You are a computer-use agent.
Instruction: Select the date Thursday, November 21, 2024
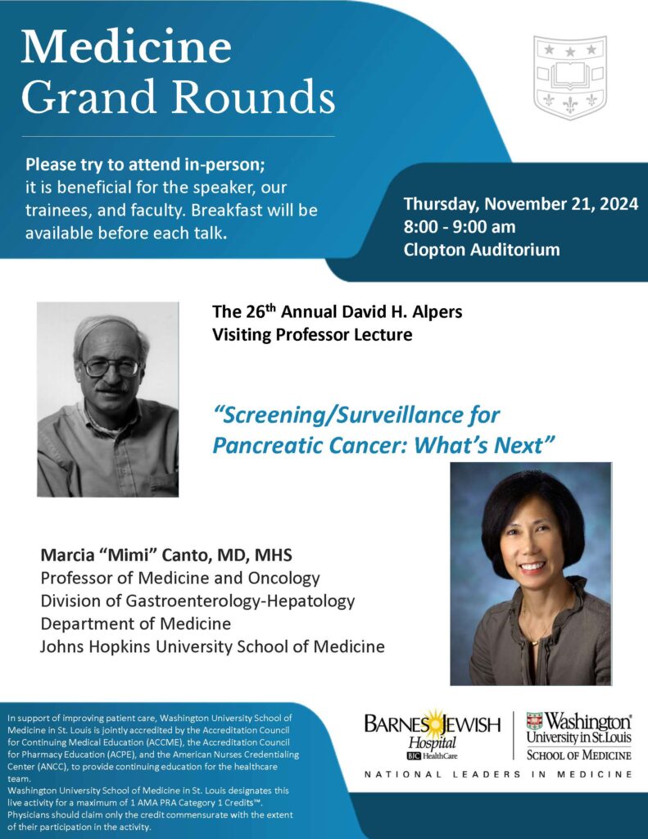tap(520, 204)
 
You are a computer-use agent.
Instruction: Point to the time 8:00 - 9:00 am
tap(460, 227)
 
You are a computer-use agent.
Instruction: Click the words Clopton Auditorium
tap(482, 250)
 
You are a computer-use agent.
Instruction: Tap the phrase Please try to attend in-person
tap(145, 162)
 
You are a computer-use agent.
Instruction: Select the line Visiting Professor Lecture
tap(312, 334)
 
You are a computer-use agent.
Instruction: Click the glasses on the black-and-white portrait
tap(111, 367)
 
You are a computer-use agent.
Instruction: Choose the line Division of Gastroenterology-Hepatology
tap(198, 601)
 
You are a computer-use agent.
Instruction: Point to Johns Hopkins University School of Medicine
tap(213, 646)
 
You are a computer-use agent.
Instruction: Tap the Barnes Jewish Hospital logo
tap(431, 732)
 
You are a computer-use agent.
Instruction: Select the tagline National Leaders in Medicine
tap(498, 774)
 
